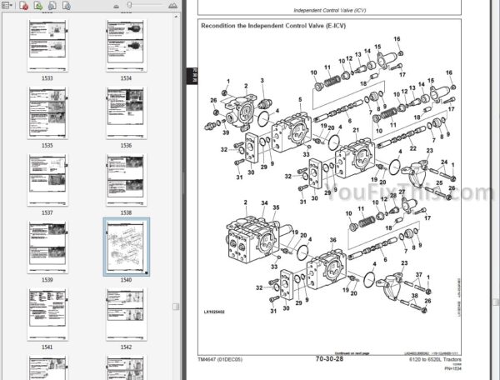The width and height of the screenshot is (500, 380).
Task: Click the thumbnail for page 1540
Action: (127, 247)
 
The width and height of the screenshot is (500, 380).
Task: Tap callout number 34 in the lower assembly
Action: (264, 202)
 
